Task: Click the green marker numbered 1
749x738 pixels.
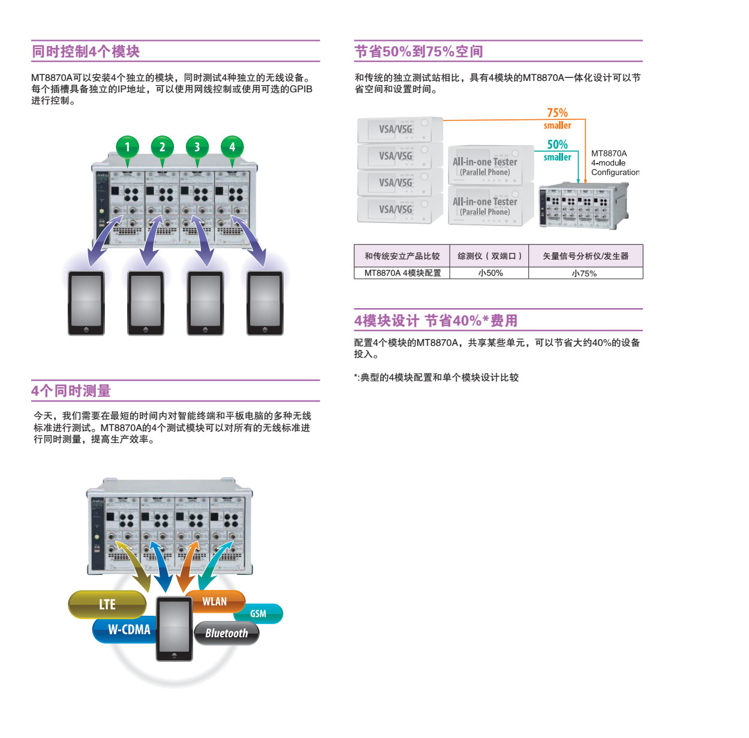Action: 127,147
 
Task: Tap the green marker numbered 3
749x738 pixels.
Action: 197,147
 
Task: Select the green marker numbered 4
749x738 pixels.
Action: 232,147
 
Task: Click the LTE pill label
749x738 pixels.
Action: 107,604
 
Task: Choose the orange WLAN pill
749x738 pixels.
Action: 215,601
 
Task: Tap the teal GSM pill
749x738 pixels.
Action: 259,614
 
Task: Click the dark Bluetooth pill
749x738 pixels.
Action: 227,633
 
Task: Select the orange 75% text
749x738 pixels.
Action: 557,113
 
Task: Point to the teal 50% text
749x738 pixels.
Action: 557,144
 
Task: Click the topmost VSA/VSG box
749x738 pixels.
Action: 400,129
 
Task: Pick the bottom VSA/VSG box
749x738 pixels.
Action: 400,210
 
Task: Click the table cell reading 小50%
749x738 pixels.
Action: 490,273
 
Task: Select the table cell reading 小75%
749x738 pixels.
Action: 585,273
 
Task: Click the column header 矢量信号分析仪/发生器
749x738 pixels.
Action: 585,256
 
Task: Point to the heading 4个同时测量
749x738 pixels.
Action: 71,391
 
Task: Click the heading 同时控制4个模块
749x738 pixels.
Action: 86,52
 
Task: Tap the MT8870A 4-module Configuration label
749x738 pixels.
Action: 615,162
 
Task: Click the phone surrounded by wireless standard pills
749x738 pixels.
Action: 175,628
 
